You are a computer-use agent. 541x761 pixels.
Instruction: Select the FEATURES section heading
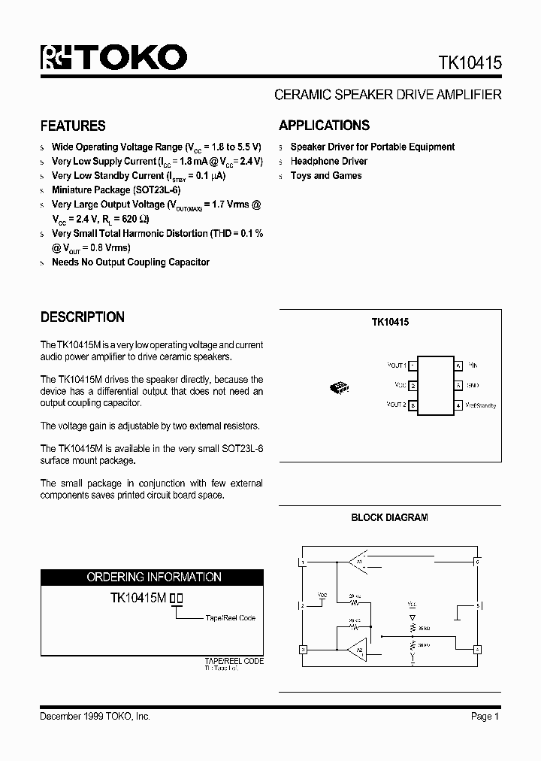coord(73,126)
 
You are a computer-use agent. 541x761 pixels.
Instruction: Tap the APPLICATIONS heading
coord(324,126)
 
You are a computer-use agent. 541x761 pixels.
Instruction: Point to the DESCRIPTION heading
coord(83,317)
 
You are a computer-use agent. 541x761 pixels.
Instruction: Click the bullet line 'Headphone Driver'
coord(328,161)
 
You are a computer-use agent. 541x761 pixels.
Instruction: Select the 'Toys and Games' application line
coord(326,175)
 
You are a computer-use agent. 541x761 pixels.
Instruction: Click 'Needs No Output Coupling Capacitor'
coord(130,262)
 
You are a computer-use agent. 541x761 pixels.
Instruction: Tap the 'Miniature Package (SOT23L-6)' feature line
coord(116,190)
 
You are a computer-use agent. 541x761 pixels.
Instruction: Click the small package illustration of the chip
coord(339,387)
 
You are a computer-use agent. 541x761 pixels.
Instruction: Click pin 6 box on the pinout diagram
coord(458,365)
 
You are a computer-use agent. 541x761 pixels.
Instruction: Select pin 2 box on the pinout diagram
coord(413,386)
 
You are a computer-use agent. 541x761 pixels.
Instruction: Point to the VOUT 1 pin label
coord(396,365)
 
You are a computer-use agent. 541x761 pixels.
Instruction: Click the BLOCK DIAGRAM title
coord(389,517)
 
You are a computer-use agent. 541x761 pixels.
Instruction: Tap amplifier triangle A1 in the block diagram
coord(357,561)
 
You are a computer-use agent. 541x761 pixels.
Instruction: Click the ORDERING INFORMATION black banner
coord(152,577)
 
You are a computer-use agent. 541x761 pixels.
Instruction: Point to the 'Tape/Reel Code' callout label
coord(230,617)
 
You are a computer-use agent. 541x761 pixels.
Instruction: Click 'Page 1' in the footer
coord(485,717)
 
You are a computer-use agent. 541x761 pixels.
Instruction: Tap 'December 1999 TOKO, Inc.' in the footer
coord(95,717)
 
